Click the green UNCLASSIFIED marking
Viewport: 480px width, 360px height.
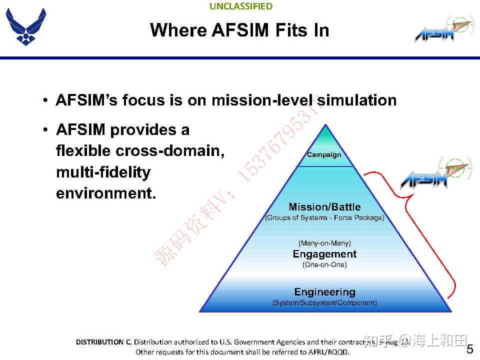click(241, 6)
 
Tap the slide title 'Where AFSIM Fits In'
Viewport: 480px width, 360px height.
click(239, 30)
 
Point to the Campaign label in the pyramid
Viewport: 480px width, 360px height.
click(324, 155)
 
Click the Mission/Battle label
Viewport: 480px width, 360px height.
click(324, 207)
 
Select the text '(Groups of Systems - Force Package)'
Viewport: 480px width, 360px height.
click(324, 218)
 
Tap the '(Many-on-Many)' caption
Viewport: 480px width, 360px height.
click(324, 243)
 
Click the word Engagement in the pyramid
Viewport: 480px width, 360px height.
click(324, 254)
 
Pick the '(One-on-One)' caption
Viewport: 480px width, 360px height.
click(324, 264)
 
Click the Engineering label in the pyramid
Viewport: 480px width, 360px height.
click(324, 292)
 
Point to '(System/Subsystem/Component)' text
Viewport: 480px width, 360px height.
click(324, 303)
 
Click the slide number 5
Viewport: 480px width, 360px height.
click(469, 349)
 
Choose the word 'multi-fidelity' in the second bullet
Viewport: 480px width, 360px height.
click(103, 172)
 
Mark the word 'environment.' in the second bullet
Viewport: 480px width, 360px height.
click(106, 193)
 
